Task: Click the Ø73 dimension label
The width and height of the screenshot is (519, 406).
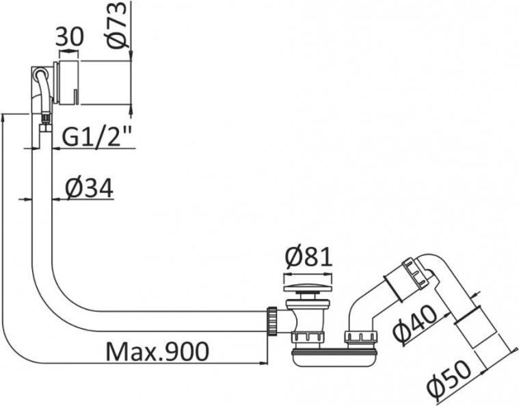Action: (x=117, y=25)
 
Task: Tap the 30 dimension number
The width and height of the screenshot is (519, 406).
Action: (x=69, y=36)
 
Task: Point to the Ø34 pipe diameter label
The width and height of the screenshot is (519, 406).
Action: (x=90, y=189)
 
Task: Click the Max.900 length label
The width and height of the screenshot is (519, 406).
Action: (x=157, y=352)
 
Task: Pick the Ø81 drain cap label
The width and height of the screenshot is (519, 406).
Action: (x=308, y=257)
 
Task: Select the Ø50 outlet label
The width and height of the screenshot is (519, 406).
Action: (x=449, y=378)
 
